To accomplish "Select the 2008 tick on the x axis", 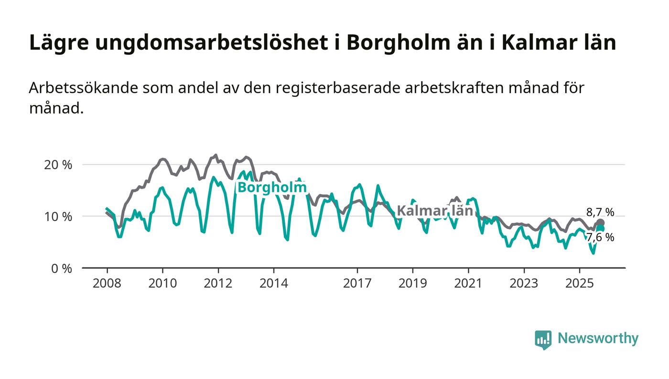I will click(x=107, y=284).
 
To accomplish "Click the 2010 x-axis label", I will click(x=162, y=284).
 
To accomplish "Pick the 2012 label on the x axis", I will click(x=218, y=284).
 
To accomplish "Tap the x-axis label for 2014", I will click(x=274, y=284).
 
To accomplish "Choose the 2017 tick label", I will click(x=357, y=284).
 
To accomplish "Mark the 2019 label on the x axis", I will click(x=412, y=284).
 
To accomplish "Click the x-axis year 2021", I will click(x=468, y=284).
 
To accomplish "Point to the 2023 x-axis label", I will click(x=524, y=284).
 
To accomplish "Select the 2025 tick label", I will click(x=579, y=284).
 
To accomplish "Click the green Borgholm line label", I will click(x=272, y=188).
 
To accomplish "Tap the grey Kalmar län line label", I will click(x=434, y=211).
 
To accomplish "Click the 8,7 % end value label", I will click(x=600, y=212).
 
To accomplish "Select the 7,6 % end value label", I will click(x=600, y=237).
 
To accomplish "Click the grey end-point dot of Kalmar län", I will click(x=600, y=223).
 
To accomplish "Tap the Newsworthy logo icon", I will click(x=543, y=339).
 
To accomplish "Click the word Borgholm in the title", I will click(x=396, y=43).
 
